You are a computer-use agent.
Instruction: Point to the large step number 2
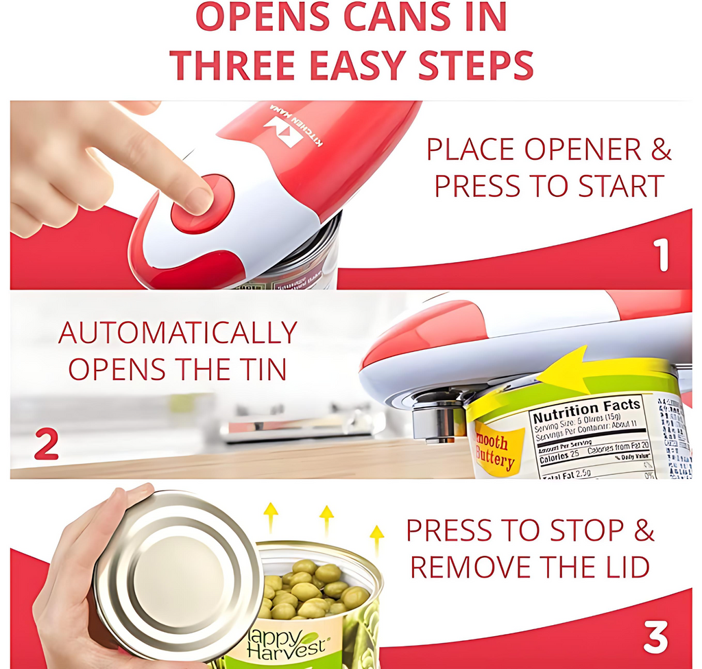click(x=46, y=445)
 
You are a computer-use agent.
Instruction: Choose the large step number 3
click(x=655, y=637)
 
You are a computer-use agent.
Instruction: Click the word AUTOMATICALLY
click(x=178, y=333)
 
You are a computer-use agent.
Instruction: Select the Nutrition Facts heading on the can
click(x=587, y=410)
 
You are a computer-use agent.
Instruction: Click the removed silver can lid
click(x=175, y=574)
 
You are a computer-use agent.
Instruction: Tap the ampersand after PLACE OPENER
click(x=660, y=149)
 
